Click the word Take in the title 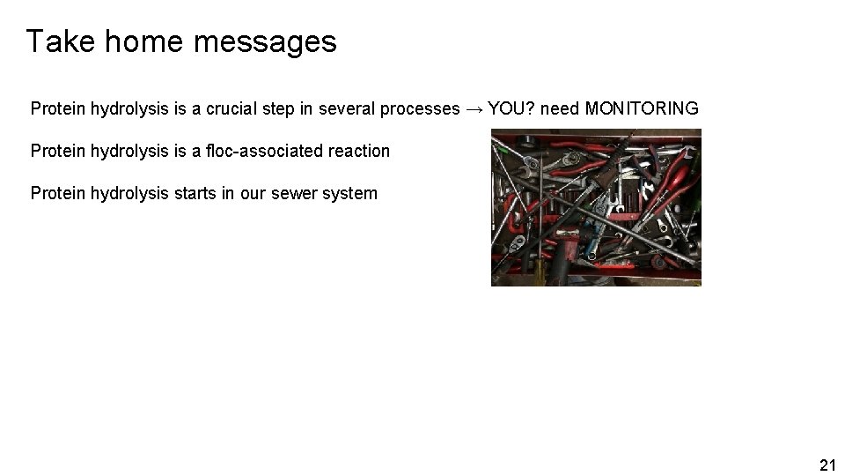(53, 41)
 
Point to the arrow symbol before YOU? (474, 108)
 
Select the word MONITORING (642, 108)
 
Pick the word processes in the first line (419, 108)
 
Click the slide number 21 (827, 465)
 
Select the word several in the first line (349, 108)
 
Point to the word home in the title (127, 41)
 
